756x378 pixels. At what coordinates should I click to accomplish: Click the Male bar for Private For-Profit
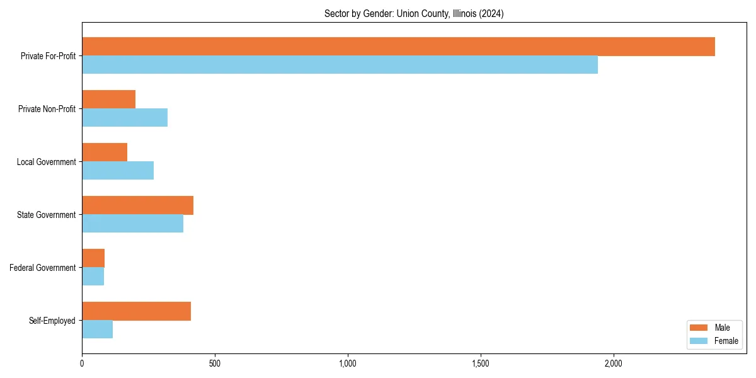click(x=398, y=47)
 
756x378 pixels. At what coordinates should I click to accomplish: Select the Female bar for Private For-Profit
click(x=340, y=65)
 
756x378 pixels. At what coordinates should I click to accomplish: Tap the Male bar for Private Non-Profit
click(x=108, y=100)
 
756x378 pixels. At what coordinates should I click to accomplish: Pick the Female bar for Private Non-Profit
click(x=125, y=118)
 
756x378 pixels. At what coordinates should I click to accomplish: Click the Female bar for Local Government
click(x=118, y=171)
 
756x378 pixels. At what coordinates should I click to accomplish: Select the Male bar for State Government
click(x=137, y=205)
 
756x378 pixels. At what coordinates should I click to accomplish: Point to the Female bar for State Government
click(x=132, y=224)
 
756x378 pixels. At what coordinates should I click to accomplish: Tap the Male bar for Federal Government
click(x=93, y=258)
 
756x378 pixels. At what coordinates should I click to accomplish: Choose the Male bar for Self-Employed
click(x=136, y=311)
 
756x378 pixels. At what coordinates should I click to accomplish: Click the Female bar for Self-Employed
click(x=97, y=329)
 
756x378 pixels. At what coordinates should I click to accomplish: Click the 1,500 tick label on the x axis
click(x=481, y=364)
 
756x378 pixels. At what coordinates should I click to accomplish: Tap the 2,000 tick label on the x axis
click(x=614, y=364)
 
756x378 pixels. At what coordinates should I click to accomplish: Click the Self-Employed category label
click(x=52, y=321)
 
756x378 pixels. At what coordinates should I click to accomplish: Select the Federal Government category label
click(x=43, y=268)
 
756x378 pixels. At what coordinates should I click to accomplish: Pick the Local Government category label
click(x=47, y=162)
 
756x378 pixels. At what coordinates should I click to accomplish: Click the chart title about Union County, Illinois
click(x=414, y=13)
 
